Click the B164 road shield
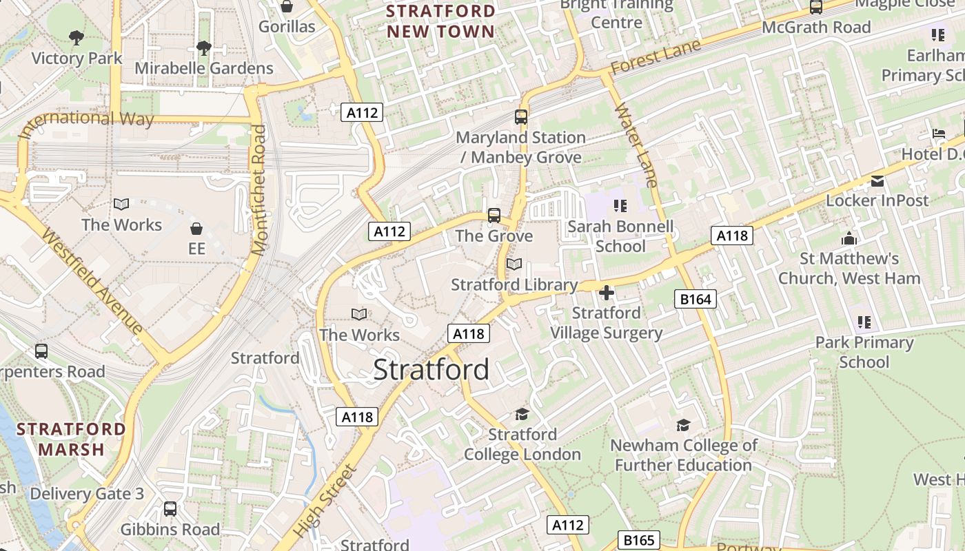click(x=695, y=299)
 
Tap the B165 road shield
click(x=638, y=540)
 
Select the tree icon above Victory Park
click(x=77, y=37)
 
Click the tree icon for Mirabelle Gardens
click(x=203, y=48)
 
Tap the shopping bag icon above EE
click(x=196, y=228)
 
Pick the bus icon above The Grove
click(x=494, y=216)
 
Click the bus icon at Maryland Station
click(x=521, y=117)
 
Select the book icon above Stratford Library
click(x=514, y=264)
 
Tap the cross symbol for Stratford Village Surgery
click(x=607, y=293)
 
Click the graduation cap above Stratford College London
click(x=522, y=414)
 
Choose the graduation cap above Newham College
click(x=683, y=425)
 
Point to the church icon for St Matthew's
click(x=849, y=238)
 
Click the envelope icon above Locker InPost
click(x=877, y=181)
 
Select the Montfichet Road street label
click(x=259, y=190)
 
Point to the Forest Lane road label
click(x=656, y=57)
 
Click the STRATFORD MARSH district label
click(x=72, y=439)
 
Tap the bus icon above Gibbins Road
click(x=170, y=509)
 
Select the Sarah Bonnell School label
click(x=620, y=236)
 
